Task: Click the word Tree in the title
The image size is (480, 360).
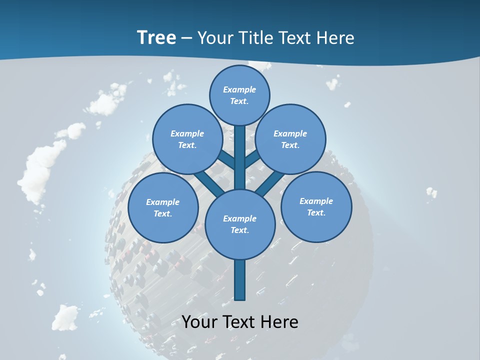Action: pyautogui.click(x=156, y=37)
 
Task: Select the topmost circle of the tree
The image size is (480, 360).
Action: pyautogui.click(x=239, y=95)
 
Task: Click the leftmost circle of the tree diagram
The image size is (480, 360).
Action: pyautogui.click(x=163, y=208)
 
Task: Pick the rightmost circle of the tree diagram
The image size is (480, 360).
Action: pyautogui.click(x=316, y=207)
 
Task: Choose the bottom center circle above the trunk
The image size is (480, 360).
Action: pyautogui.click(x=240, y=224)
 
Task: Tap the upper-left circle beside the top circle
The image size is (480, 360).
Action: pyautogui.click(x=187, y=139)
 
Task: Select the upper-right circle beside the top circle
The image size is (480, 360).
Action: pyautogui.click(x=290, y=139)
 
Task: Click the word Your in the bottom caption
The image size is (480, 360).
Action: pyautogui.click(x=199, y=322)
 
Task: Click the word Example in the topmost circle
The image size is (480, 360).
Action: pyautogui.click(x=239, y=89)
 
